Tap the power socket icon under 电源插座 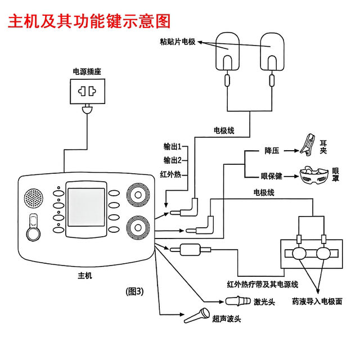(x=87, y=91)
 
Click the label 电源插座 (x=87, y=71)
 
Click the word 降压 (x=272, y=151)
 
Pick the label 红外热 (x=170, y=174)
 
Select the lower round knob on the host (x=137, y=228)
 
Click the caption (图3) (x=135, y=291)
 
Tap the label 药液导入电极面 (x=317, y=301)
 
